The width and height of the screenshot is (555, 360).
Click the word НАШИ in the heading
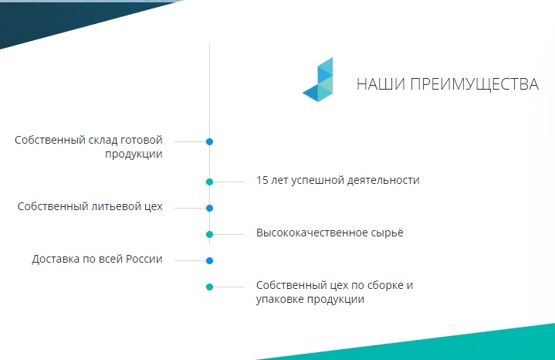pos(381,84)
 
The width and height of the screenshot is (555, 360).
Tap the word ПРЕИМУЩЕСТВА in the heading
pos(474,85)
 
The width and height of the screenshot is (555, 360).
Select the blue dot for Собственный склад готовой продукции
pos(209,141)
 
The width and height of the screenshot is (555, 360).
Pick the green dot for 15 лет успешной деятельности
pos(209,182)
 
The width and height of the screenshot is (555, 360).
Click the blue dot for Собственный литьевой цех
pos(209,208)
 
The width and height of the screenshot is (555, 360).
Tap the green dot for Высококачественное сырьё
pos(209,234)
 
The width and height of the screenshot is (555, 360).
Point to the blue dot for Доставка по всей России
pos(209,261)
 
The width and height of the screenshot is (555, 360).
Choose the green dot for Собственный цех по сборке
pos(209,287)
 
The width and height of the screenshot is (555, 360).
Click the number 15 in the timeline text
pos(262,180)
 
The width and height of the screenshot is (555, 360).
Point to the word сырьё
pos(387,233)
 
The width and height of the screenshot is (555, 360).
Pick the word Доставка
pos(56,260)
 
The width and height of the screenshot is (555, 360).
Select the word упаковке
pos(279,300)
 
